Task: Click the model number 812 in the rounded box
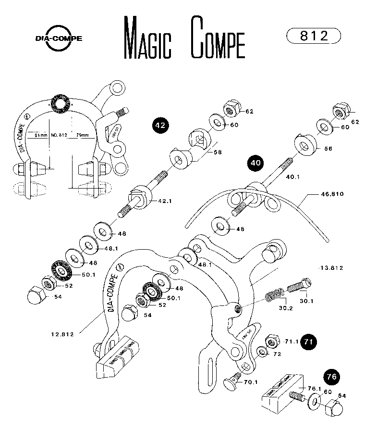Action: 313,36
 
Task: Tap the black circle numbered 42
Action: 160,125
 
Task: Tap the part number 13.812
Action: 331,267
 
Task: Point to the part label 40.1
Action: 292,177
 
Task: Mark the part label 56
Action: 328,149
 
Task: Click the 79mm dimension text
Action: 83,135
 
